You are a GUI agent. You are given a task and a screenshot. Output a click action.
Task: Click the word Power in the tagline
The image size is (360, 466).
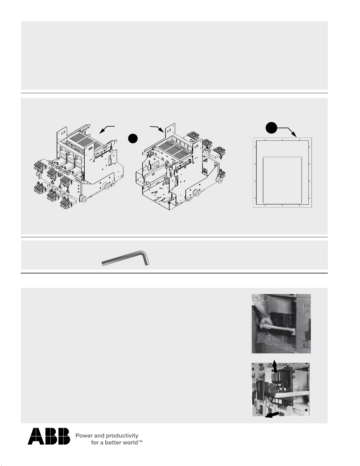tap(84, 436)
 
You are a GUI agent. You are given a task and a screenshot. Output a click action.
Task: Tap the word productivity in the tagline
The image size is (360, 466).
tap(122, 436)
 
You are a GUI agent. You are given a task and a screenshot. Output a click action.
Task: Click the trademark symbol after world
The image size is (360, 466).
tap(140, 441)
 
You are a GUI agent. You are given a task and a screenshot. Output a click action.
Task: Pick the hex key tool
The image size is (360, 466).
tap(125, 258)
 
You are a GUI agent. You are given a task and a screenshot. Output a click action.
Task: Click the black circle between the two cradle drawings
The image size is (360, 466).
tap(133, 138)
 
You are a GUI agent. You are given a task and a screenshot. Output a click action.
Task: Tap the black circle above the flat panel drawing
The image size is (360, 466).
tap(272, 128)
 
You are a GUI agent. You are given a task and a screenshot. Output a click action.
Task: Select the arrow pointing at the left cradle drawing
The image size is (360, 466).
tap(107, 129)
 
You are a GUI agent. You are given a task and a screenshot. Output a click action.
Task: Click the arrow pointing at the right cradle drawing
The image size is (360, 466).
tap(157, 129)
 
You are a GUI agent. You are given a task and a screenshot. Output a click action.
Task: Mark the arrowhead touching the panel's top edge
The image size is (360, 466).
tap(295, 135)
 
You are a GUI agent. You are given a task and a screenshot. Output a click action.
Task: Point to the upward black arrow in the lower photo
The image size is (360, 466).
tap(274, 366)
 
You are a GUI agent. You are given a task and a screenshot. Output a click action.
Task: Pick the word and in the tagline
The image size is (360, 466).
tap(99, 436)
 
